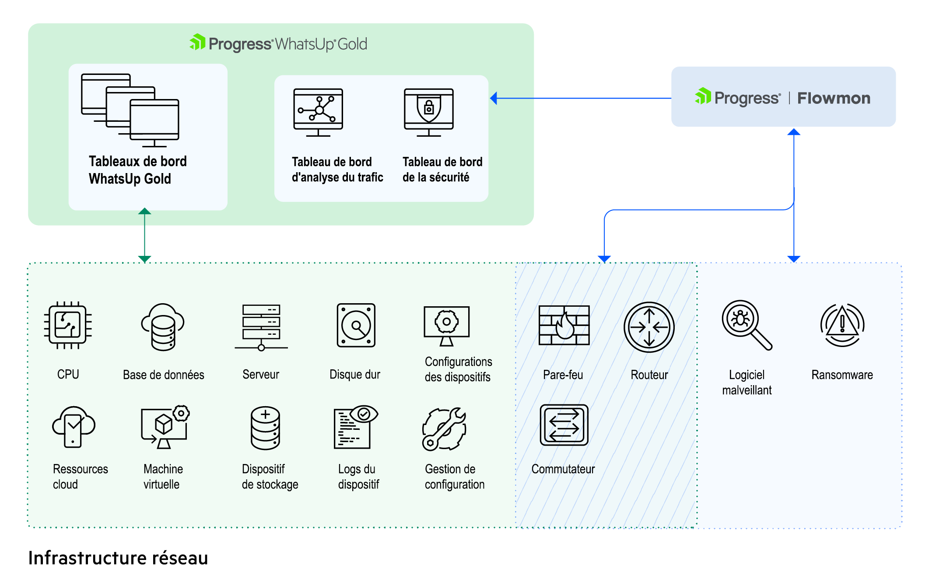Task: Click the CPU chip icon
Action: tap(68, 325)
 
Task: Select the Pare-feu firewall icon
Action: tap(564, 325)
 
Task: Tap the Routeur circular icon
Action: tap(649, 327)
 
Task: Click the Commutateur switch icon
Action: tap(564, 425)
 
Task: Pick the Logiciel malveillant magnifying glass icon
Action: tap(747, 325)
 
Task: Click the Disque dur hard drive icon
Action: tap(356, 325)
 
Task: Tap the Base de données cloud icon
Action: tap(163, 327)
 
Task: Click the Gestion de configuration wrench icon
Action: tap(444, 429)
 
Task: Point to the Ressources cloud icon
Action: tap(74, 427)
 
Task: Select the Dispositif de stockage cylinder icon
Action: tap(265, 428)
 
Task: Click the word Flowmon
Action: tap(834, 98)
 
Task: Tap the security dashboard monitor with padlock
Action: tap(429, 113)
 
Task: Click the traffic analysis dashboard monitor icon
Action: tap(318, 113)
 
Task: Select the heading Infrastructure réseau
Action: tap(118, 558)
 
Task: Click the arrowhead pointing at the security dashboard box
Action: tap(494, 98)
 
